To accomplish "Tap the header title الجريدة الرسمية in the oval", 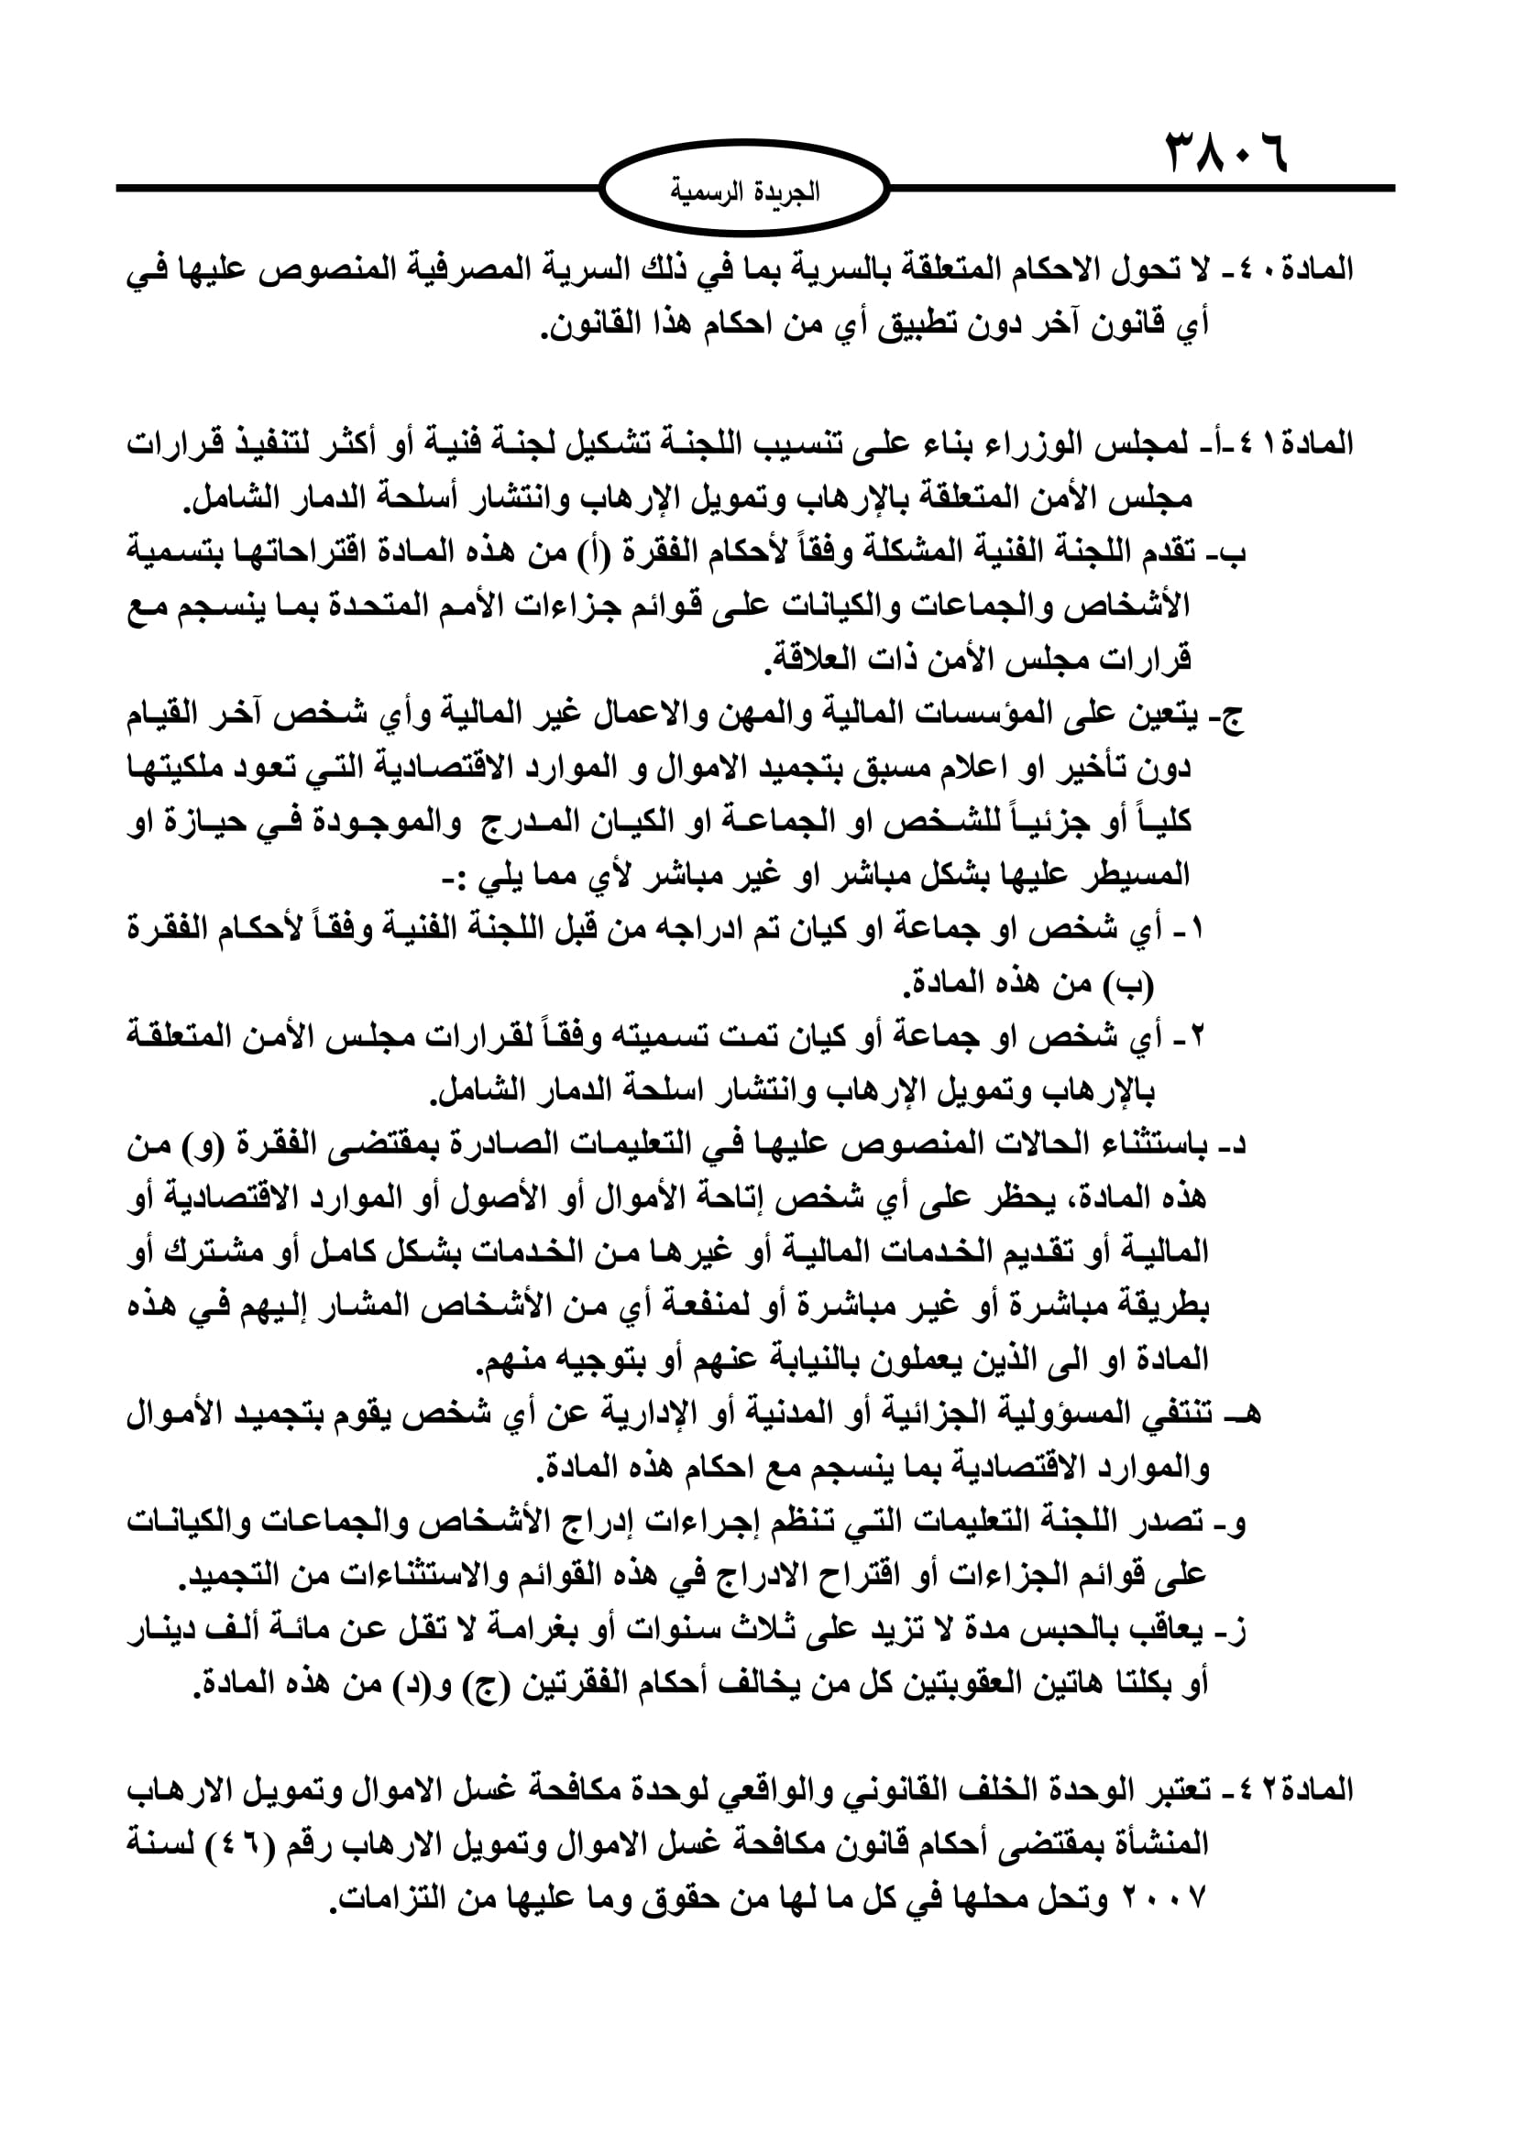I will [745, 192].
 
